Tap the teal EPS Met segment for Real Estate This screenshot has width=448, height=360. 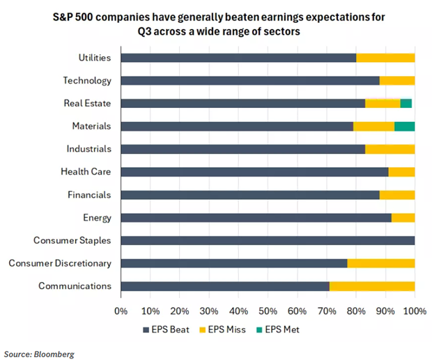pyautogui.click(x=405, y=103)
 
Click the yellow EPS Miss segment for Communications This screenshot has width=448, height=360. pyautogui.click(x=372, y=285)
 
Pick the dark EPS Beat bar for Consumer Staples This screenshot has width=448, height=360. pyautogui.click(x=268, y=240)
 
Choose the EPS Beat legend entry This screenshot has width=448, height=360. pyautogui.click(x=167, y=330)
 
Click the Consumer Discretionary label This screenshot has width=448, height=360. pyautogui.click(x=60, y=263)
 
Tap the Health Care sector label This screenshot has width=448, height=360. pyautogui.click(x=86, y=171)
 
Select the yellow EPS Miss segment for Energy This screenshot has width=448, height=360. pyautogui.click(x=403, y=217)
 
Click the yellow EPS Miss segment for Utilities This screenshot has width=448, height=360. pyautogui.click(x=385, y=58)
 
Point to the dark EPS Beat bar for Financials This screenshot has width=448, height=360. pyautogui.click(x=250, y=194)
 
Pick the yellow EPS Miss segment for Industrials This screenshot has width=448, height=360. pyautogui.click(x=389, y=149)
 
